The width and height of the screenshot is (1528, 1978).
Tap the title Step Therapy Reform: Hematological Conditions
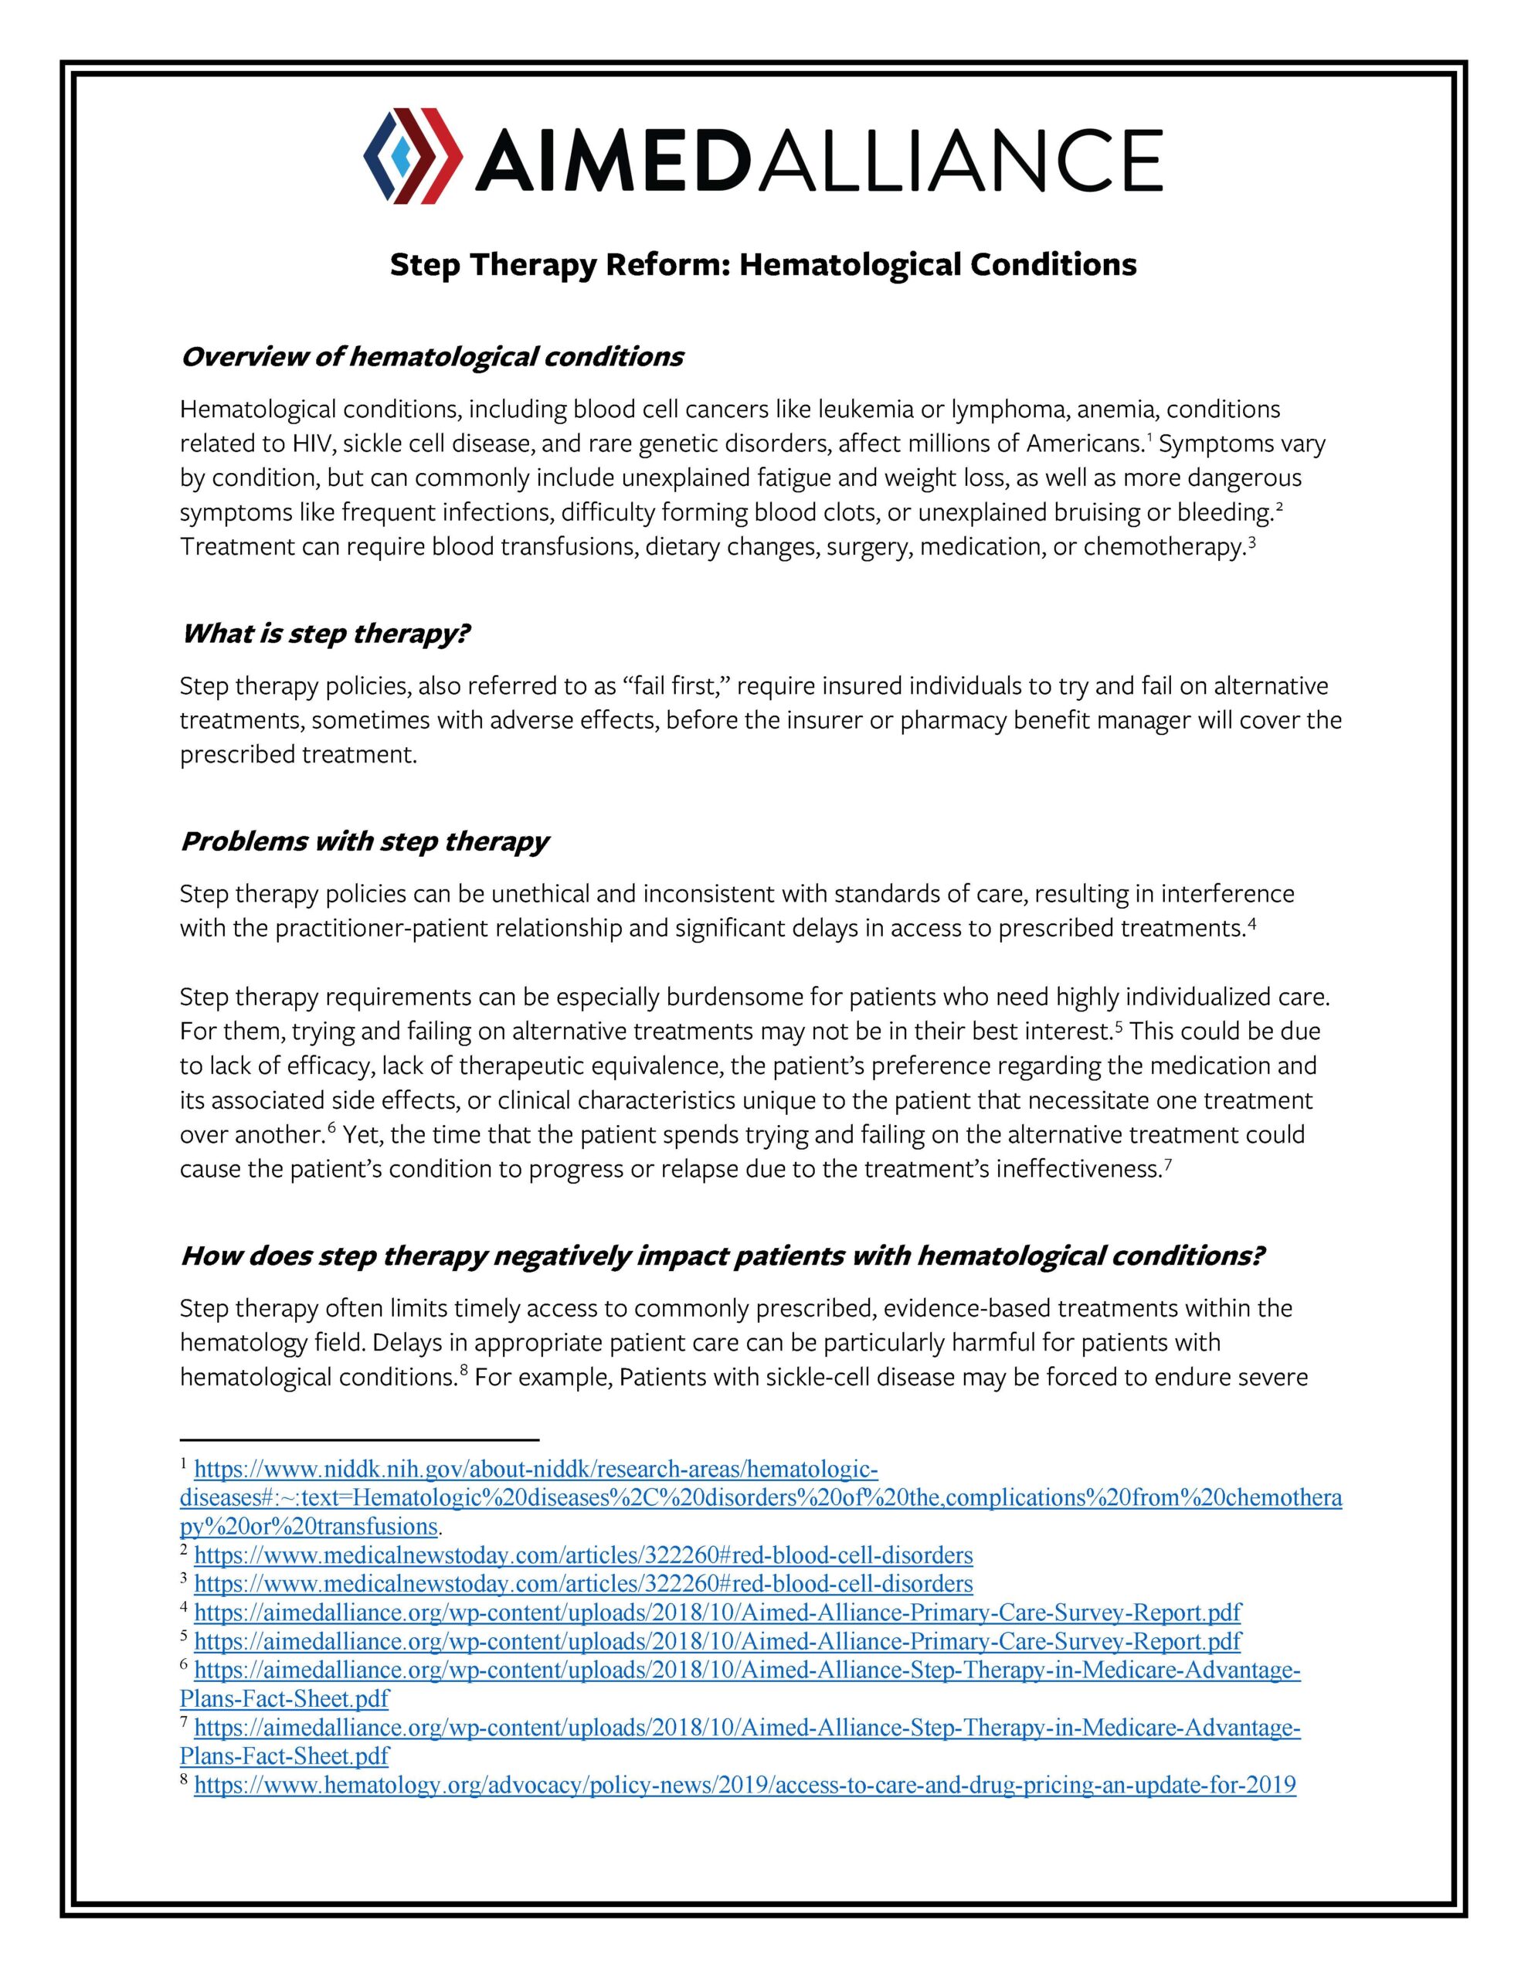(762, 264)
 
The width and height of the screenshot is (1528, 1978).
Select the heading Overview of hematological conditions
(431, 357)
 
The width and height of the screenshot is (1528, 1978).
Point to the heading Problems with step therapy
(364, 841)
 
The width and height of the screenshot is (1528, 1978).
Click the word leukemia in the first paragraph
(865, 410)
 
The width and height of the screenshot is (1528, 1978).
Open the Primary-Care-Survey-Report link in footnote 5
(718, 1640)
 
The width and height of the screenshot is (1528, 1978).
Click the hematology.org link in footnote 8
(745, 1784)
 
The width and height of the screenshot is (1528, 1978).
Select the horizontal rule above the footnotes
(358, 1438)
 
